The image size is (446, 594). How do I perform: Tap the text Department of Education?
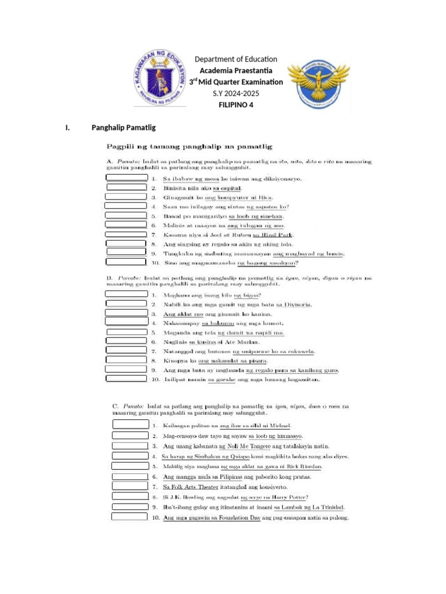point(236,59)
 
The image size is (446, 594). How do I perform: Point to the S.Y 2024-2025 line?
point(236,93)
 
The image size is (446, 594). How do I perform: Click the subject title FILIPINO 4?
point(236,105)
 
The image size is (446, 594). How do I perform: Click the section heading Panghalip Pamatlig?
point(124,128)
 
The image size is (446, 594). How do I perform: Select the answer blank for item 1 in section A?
point(126,178)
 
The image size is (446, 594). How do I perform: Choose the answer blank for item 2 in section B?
point(126,303)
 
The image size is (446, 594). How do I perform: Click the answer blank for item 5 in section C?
point(130,466)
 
